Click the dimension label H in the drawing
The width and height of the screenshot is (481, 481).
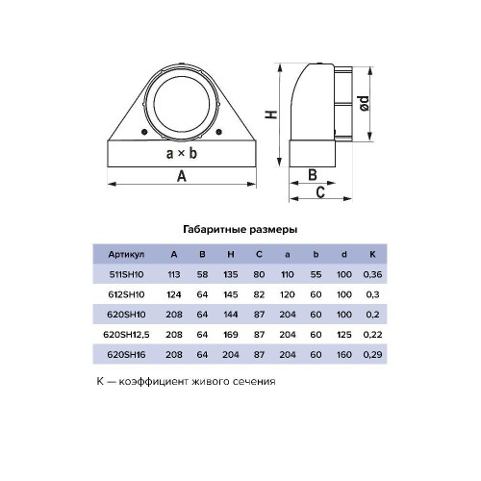click(x=271, y=114)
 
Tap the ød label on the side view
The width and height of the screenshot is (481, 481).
click(x=364, y=103)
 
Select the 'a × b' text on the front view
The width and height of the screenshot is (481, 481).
click(x=182, y=154)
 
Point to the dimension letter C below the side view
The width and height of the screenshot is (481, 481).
click(x=320, y=192)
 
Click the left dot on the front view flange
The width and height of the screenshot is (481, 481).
click(x=144, y=132)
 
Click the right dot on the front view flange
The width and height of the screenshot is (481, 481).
click(x=219, y=132)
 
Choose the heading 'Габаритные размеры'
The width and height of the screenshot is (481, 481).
click(x=240, y=230)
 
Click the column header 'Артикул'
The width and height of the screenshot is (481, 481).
click(x=126, y=255)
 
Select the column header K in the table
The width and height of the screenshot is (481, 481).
click(x=372, y=254)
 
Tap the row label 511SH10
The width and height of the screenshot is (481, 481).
click(x=126, y=274)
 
